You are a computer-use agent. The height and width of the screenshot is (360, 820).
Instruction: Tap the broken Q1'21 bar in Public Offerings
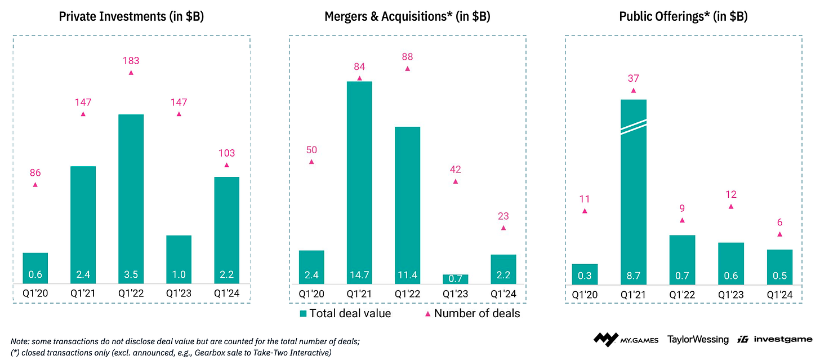[633, 192]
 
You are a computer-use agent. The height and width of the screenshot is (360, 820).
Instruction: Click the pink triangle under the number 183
[131, 73]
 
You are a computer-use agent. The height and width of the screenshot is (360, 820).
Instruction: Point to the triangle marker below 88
[407, 68]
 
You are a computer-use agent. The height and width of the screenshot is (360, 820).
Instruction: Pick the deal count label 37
[634, 79]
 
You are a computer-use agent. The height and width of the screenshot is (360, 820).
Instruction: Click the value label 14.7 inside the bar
[359, 275]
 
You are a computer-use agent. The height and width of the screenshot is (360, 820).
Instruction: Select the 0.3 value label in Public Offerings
[585, 275]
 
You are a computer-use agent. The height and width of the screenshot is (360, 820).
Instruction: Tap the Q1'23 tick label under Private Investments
[179, 294]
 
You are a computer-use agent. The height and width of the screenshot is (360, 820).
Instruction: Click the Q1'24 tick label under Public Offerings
[779, 294]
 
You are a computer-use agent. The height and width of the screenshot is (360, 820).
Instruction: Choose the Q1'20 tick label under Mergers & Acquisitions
[311, 294]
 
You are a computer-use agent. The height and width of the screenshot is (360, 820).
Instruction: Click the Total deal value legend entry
[345, 313]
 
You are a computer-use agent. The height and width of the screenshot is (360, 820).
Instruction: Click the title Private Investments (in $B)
[131, 16]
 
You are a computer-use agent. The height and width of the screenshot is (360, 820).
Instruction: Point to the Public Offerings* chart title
[683, 16]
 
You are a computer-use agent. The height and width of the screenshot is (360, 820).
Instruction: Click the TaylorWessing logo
[698, 339]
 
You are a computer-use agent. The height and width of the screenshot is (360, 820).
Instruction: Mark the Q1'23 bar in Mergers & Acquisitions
[455, 279]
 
